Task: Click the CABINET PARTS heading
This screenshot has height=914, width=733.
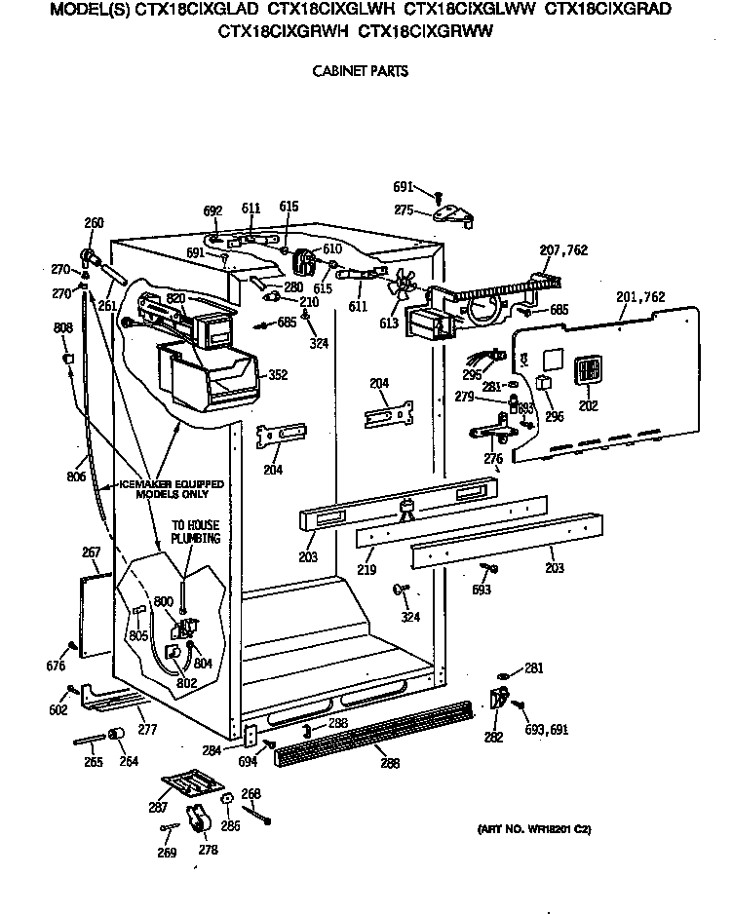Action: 359,70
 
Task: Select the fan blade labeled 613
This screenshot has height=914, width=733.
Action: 400,286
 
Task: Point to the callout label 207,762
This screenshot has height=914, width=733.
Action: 563,250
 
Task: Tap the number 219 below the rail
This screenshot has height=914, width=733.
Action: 366,569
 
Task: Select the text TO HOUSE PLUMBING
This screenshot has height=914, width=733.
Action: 196,532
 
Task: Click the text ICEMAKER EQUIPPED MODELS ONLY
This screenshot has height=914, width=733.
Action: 171,489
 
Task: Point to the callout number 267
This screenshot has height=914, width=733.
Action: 91,552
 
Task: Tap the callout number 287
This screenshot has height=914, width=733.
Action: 158,808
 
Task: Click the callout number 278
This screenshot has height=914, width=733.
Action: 207,849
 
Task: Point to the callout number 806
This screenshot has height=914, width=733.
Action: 76,476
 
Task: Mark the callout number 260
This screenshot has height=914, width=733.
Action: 94,223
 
